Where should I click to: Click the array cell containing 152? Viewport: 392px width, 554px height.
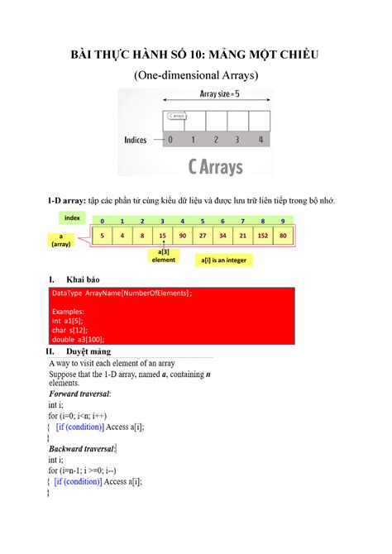pos(263,236)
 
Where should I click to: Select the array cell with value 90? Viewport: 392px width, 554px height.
pos(182,236)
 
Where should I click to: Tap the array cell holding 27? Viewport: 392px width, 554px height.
pos(203,236)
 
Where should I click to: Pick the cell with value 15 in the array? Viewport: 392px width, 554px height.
pos(162,236)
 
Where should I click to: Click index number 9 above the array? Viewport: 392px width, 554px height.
pos(283,222)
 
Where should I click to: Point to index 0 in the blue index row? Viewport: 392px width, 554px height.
pos(102,222)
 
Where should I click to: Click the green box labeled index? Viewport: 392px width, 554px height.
pos(72,217)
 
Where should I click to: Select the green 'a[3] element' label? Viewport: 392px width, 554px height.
pos(163,256)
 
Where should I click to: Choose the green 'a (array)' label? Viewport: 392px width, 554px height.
pos(61,241)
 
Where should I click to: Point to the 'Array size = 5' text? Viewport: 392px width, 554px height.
pos(219,94)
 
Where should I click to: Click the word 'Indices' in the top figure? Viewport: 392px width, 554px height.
pos(136,140)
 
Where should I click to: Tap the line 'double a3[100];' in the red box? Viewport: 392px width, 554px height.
pos(79,339)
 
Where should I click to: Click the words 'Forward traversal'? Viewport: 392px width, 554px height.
pos(84,394)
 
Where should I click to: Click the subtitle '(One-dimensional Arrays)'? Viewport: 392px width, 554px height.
pos(196,75)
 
